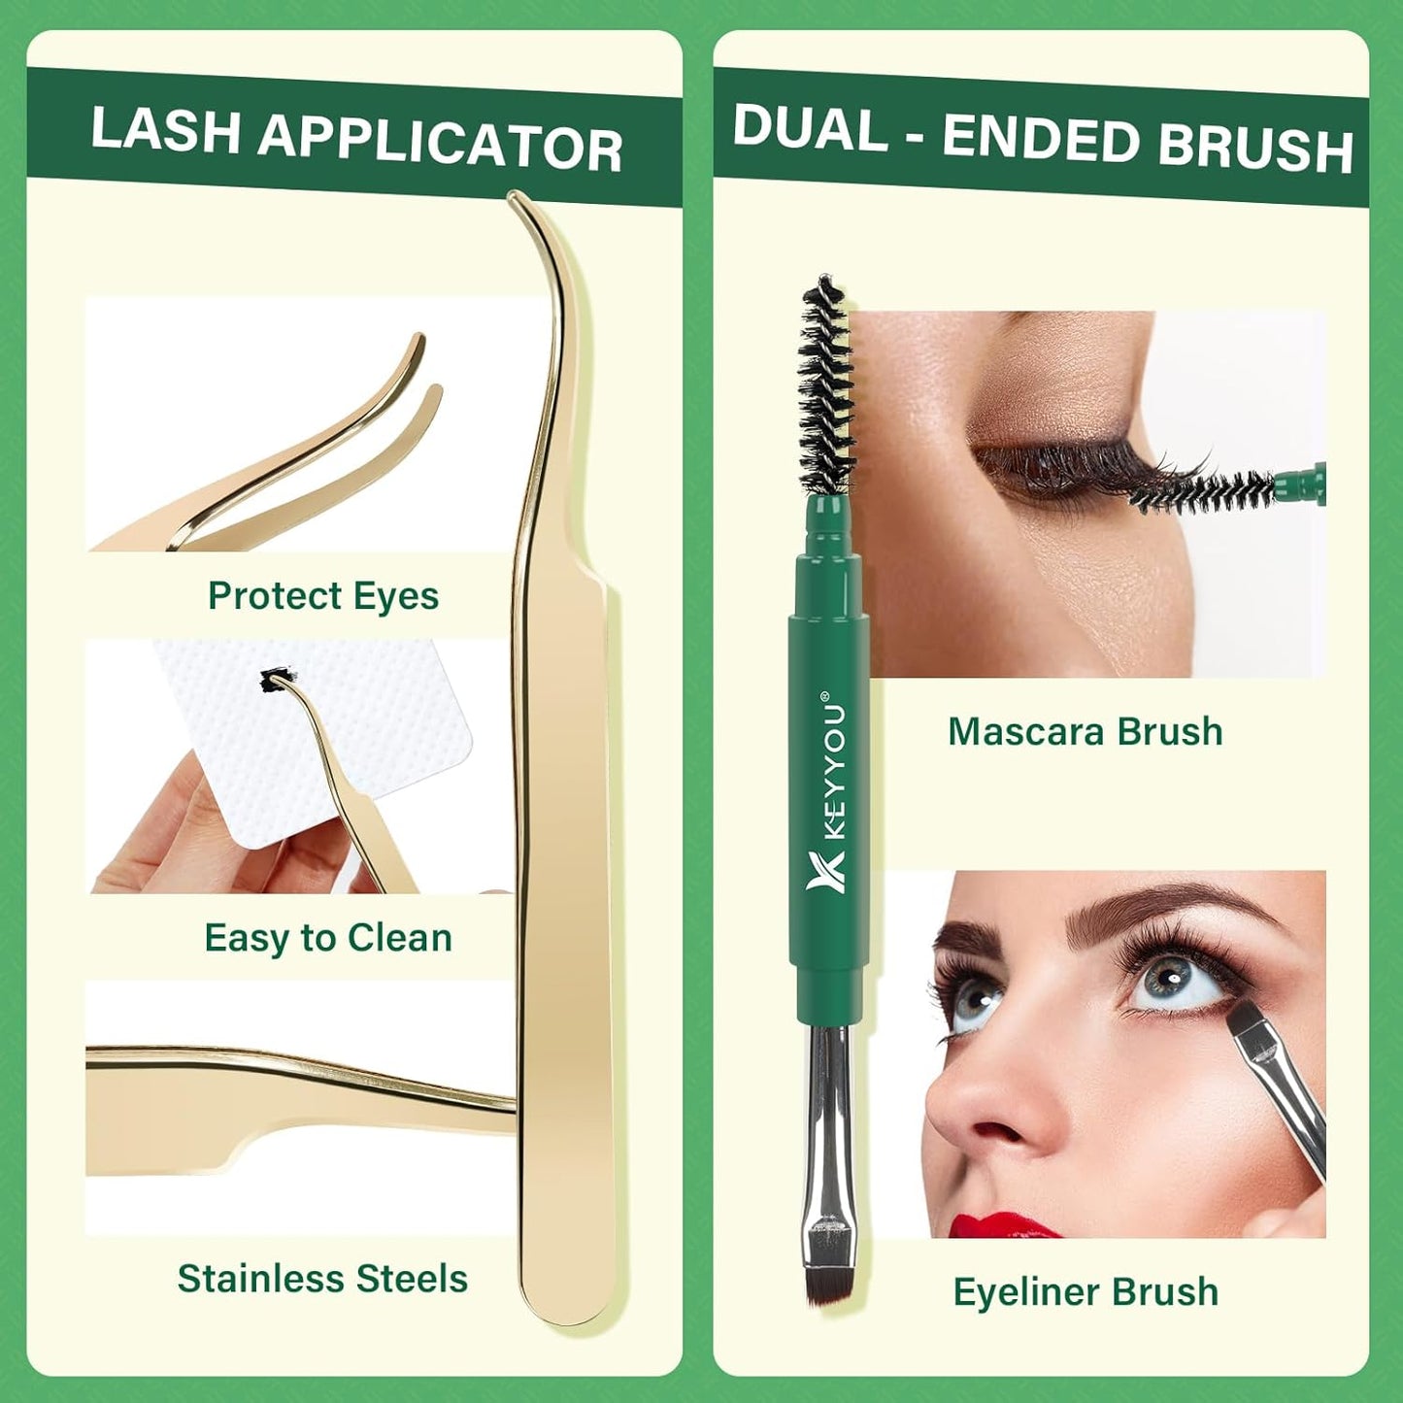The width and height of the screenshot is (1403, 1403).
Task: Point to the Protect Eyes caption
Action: [x=323, y=595]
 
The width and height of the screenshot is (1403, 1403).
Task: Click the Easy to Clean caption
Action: [x=328, y=938]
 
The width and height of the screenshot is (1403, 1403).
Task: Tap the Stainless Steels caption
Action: [x=322, y=1279]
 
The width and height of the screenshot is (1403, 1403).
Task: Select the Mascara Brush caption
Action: [x=1085, y=731]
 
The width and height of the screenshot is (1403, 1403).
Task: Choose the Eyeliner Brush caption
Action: [x=1086, y=1292]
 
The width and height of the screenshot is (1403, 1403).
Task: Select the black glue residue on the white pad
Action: [x=277, y=680]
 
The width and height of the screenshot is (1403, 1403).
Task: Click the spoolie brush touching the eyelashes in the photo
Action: [x=1204, y=490]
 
